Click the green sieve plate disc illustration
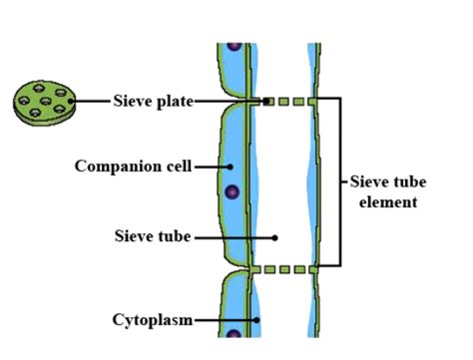click(45, 100)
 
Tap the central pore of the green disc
click(46, 101)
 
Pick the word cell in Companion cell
click(179, 165)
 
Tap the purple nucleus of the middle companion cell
click(232, 191)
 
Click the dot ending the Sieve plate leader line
click(267, 101)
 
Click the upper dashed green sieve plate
click(289, 101)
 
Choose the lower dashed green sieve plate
click(289, 268)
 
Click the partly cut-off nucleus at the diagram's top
click(235, 46)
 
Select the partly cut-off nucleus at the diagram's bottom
click(234, 334)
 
